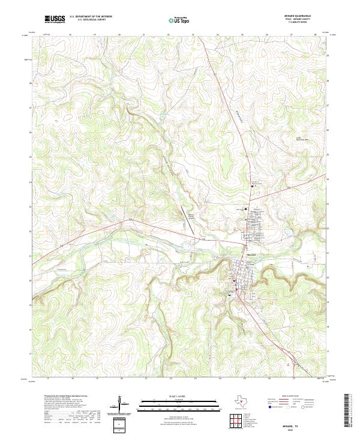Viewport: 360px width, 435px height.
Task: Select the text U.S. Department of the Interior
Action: [x=91, y=17]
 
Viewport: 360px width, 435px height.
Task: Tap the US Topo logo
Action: [x=180, y=20]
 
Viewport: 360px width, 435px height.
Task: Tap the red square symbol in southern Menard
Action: [x=238, y=291]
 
